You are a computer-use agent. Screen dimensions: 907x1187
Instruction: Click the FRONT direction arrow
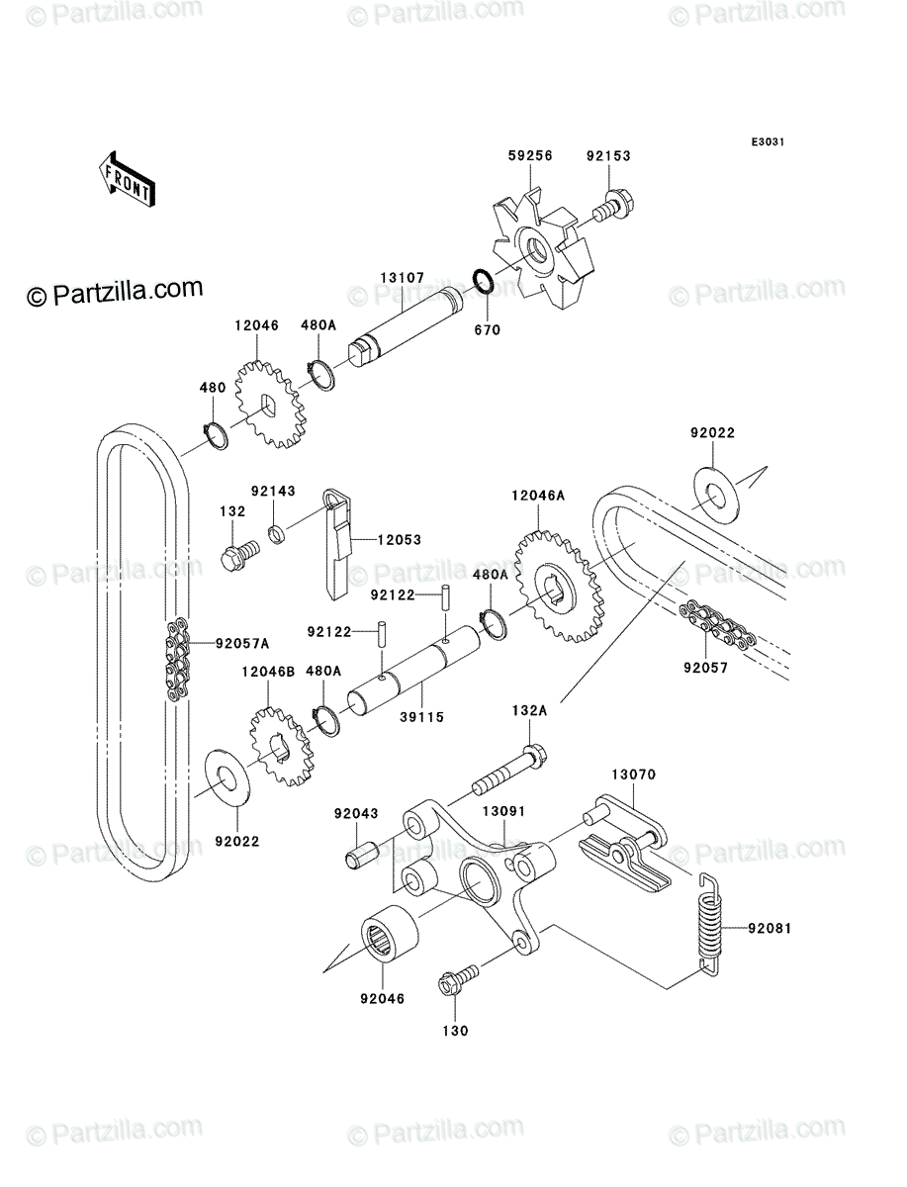tap(127, 180)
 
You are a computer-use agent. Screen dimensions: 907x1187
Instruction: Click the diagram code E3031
tap(768, 142)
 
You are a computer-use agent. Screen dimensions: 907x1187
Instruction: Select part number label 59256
tap(530, 155)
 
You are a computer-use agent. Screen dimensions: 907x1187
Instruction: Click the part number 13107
tap(403, 278)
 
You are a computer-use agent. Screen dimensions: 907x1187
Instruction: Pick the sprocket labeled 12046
tap(270, 405)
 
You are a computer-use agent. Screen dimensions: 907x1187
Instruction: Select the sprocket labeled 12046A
tap(557, 587)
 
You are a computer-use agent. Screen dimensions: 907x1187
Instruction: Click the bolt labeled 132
tap(240, 554)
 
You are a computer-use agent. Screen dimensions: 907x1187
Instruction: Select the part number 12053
tap(399, 540)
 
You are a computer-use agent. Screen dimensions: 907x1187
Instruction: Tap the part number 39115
tap(422, 717)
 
